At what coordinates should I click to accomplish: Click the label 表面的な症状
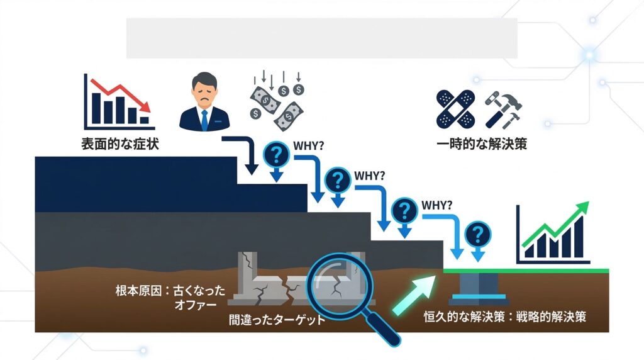[x=120, y=143]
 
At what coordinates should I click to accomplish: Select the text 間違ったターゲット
[x=277, y=320]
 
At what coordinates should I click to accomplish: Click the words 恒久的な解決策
[x=465, y=317]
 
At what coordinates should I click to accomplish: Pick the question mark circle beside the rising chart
[x=477, y=235]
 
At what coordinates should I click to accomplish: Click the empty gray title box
[x=321, y=38]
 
